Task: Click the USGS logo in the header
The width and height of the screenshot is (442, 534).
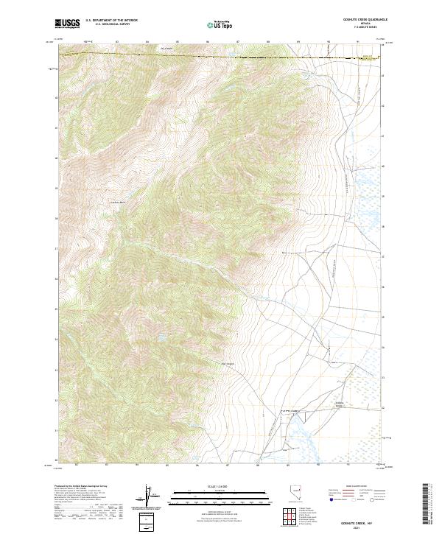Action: coord(67,24)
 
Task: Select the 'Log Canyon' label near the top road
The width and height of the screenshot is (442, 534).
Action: coord(166,51)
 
